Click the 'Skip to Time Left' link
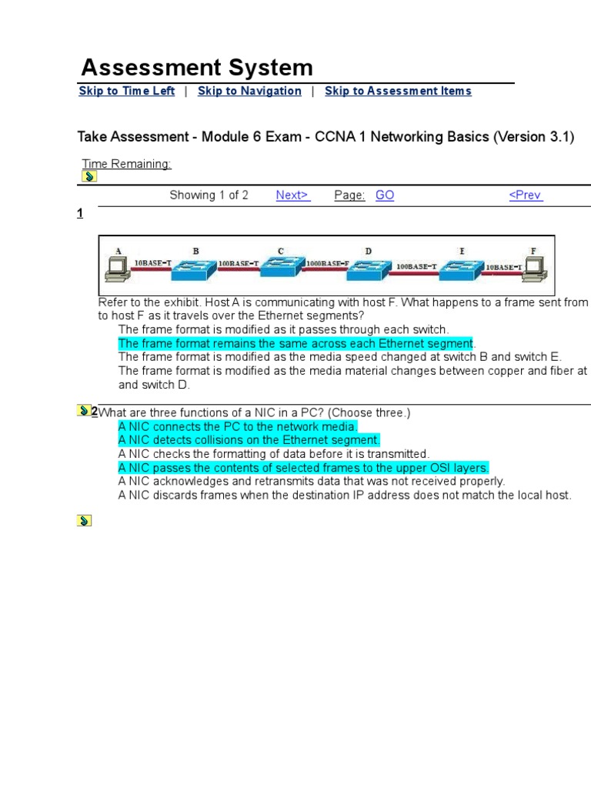[x=126, y=91]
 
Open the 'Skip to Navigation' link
[x=249, y=91]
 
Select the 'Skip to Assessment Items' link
[x=398, y=91]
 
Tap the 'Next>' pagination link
[x=292, y=195]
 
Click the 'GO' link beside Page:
[x=385, y=195]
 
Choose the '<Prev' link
[x=526, y=195]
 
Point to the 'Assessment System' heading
[x=197, y=67]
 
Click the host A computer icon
[x=119, y=267]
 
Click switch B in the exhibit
[x=195, y=267]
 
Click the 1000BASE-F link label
[x=327, y=264]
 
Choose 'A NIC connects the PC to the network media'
[x=238, y=426]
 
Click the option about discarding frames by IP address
[x=345, y=496]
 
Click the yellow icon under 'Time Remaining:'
[x=88, y=177]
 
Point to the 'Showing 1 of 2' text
[x=209, y=195]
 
